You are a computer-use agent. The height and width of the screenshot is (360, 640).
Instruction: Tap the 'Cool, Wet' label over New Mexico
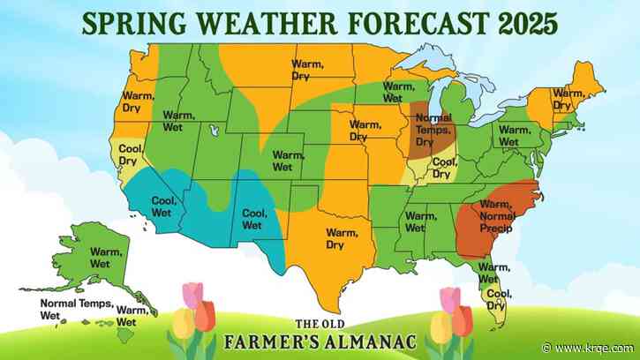coord(254,218)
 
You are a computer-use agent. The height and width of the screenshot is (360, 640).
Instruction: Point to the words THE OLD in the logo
coord(320,323)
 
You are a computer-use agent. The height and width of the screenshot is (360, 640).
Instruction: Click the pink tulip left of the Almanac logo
coord(193,295)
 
